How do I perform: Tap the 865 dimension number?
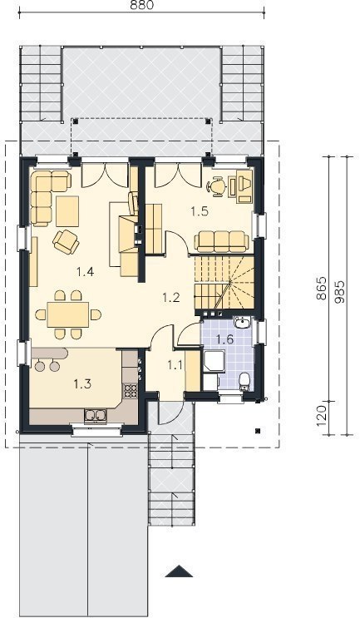pos(322,288)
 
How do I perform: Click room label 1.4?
pos(85,271)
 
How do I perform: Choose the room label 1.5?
pos(200,211)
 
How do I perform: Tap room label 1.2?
pos(171,298)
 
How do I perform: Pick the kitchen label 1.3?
pos(82,383)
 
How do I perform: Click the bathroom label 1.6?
pos(225,339)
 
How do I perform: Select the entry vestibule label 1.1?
pos(175,365)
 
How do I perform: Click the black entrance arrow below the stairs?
pos(180,571)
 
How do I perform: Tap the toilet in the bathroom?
pos(244,381)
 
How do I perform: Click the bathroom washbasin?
pos(241,324)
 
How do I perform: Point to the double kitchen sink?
pos(95,415)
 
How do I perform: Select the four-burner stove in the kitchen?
pos(131,390)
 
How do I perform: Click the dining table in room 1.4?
pos(68,314)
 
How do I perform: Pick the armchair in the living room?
pos(66,241)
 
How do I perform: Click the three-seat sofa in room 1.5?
pos(222,241)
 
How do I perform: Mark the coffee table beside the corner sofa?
pos(67,211)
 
